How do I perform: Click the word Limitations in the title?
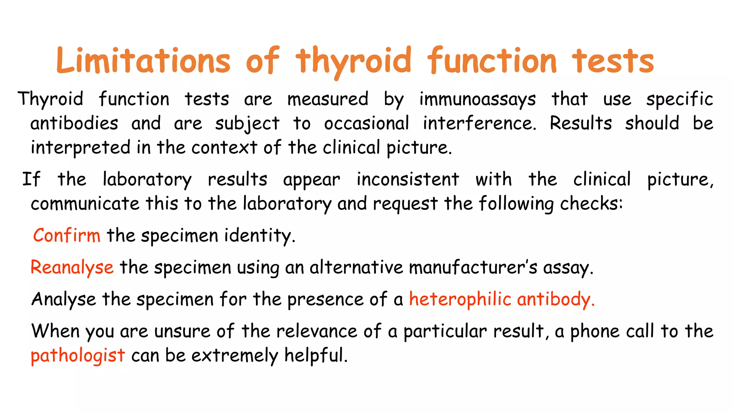coord(143,61)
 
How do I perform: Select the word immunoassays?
coord(477,99)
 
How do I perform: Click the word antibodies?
coord(74,124)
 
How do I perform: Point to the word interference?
coord(479,124)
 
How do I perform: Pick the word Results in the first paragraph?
coord(581,124)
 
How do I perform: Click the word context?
coord(224,148)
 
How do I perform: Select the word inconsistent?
coord(407,179)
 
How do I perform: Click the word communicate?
coord(85,204)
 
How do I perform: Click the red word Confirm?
coord(67,236)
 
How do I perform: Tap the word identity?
coord(259,236)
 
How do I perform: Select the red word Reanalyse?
coord(72,267)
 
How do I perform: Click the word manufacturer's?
coord(473,267)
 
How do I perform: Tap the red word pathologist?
coord(78,356)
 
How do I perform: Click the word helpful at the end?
coord(315,355)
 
